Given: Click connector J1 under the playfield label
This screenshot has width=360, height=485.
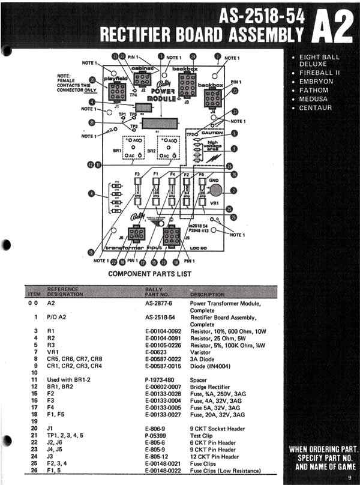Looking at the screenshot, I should pos(116,92).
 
